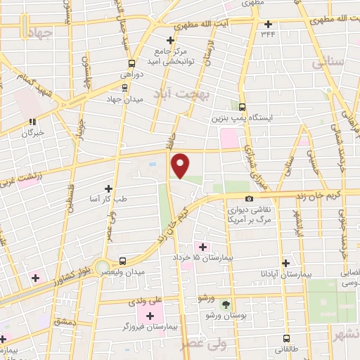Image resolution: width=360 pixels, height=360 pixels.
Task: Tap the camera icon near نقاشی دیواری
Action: click(250, 199)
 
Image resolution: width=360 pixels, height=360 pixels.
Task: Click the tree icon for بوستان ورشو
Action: click(226, 305)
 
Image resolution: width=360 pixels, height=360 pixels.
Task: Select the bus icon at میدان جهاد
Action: click(124, 87)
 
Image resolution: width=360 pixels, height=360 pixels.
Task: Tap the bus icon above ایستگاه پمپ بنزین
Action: click(242, 108)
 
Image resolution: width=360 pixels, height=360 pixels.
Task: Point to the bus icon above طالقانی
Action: click(286, 337)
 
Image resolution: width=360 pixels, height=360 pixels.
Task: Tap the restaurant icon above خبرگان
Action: click(32, 122)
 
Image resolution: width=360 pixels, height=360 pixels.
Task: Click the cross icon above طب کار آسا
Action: click(108, 188)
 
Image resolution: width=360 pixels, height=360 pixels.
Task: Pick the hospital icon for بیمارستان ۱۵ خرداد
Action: click(203, 246)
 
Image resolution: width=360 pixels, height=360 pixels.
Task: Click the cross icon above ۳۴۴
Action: click(268, 24)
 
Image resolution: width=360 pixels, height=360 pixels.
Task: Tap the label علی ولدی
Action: click(148, 300)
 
